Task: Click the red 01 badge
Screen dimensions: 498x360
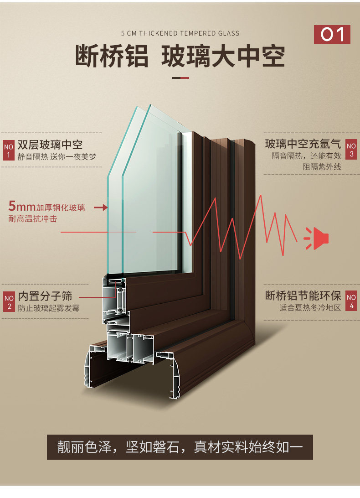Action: [x=332, y=35]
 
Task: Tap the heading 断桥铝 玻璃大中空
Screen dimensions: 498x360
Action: [x=180, y=56]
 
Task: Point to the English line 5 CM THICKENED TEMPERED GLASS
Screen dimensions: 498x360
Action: [x=180, y=33]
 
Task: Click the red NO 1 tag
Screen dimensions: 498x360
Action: [x=9, y=150]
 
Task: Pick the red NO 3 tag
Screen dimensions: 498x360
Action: [x=351, y=150]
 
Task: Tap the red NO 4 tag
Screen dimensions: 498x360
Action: [x=351, y=301]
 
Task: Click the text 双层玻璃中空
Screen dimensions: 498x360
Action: [x=50, y=145]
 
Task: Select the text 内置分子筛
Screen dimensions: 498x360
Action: [x=45, y=296]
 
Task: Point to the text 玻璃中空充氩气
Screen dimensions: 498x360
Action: [x=303, y=144]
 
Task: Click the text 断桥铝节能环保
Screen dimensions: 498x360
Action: [x=303, y=295]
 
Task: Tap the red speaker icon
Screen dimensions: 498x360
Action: [x=317, y=238]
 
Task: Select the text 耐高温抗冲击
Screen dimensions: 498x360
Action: [x=33, y=219]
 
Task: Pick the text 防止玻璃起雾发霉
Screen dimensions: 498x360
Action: [x=49, y=308]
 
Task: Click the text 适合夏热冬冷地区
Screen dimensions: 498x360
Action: [x=310, y=307]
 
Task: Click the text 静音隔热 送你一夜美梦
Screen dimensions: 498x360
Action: [x=57, y=157]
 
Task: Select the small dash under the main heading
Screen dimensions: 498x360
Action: [x=180, y=78]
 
